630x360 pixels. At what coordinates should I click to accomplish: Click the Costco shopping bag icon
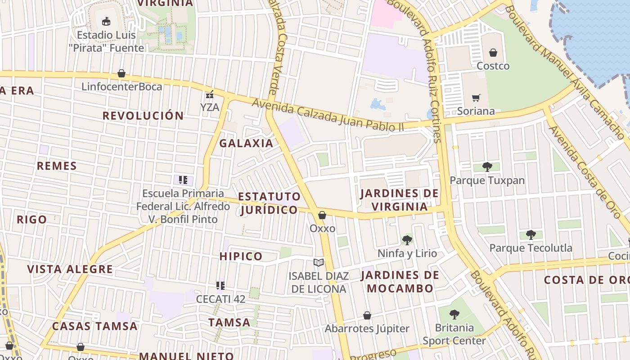[x=493, y=53]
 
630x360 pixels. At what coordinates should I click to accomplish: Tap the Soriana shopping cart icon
[x=476, y=98]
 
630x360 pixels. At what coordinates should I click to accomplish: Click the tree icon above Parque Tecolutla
[x=531, y=235]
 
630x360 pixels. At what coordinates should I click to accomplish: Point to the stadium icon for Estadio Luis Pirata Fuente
[x=106, y=21]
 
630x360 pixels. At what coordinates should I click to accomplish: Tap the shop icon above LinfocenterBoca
[x=121, y=73]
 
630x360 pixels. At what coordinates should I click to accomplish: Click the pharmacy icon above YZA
[x=209, y=94]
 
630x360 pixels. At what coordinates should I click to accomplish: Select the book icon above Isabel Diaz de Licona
[x=319, y=263]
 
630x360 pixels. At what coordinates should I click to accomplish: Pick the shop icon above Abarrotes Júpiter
[x=367, y=315]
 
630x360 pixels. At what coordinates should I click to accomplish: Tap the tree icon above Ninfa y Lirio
[x=407, y=240]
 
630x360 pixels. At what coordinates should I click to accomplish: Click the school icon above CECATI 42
[x=220, y=285]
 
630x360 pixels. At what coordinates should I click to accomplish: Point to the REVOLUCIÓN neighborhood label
[x=143, y=116]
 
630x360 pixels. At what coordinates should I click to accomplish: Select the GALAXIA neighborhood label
[x=246, y=144]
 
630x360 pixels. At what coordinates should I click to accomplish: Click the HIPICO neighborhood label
[x=241, y=256]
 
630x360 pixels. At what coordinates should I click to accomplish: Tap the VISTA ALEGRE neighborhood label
[x=70, y=270]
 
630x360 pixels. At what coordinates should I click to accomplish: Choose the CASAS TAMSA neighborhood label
[x=94, y=326]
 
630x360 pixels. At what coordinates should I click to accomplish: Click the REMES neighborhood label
[x=57, y=166]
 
